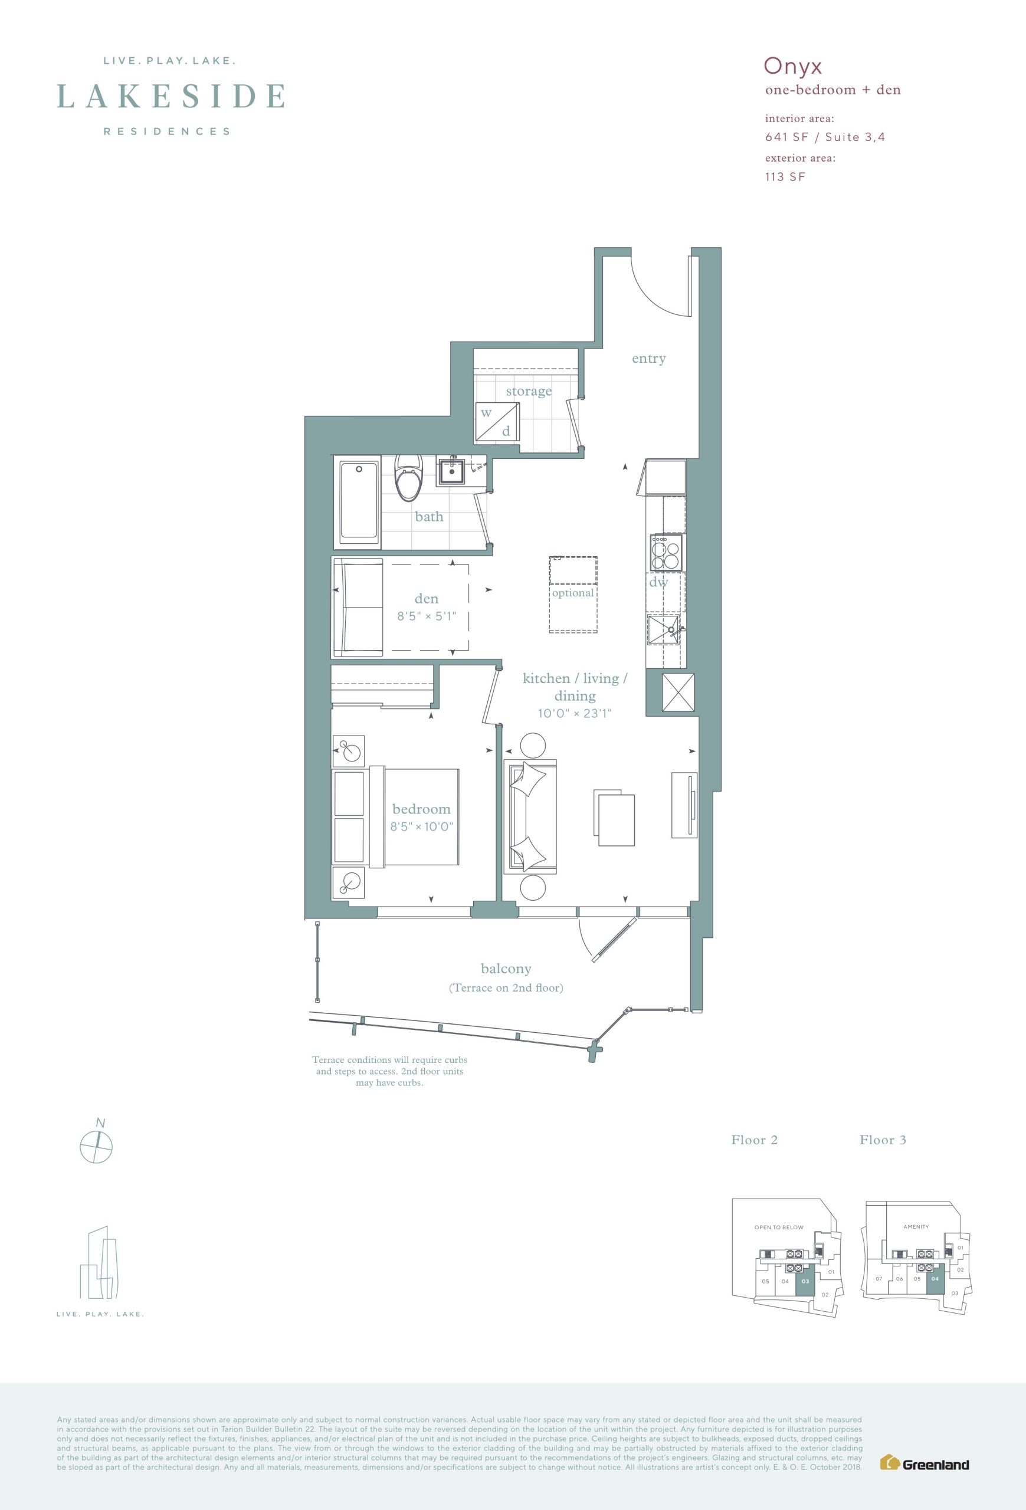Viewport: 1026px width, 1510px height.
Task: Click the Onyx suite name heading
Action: pyautogui.click(x=793, y=66)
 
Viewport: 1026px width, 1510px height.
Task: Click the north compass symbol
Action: pyautogui.click(x=96, y=1144)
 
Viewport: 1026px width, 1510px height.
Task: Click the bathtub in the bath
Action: pyautogui.click(x=359, y=501)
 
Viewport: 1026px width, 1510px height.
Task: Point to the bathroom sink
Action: pyautogui.click(x=451, y=471)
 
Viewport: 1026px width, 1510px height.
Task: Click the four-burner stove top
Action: pyautogui.click(x=666, y=553)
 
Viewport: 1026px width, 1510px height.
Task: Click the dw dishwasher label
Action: pyautogui.click(x=658, y=582)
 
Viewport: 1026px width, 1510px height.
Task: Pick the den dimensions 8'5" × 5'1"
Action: pyautogui.click(x=427, y=616)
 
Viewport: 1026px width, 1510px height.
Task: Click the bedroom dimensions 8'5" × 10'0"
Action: pyautogui.click(x=421, y=826)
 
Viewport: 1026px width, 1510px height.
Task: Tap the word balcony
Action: pyautogui.click(x=506, y=968)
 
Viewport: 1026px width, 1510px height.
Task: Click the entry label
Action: pyautogui.click(x=649, y=359)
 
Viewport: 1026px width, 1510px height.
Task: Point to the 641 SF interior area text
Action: pyautogui.click(x=787, y=137)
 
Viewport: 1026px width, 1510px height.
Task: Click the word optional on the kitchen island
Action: pyautogui.click(x=572, y=593)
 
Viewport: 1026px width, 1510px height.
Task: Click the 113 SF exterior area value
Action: pyautogui.click(x=785, y=177)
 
